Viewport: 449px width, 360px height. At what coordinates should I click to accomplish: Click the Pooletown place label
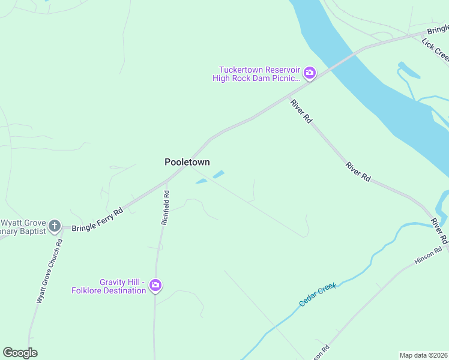(187, 162)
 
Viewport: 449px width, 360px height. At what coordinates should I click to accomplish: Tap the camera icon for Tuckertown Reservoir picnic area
(310, 74)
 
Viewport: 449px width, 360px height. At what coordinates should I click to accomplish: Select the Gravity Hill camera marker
(156, 286)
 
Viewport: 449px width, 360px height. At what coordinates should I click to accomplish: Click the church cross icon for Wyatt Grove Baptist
(55, 226)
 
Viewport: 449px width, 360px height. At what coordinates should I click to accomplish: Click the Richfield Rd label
(166, 208)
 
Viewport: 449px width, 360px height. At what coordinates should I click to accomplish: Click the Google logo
(20, 353)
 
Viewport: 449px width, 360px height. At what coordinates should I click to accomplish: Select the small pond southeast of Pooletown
(218, 175)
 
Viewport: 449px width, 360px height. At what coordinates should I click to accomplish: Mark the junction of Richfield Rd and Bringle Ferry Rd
(167, 179)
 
